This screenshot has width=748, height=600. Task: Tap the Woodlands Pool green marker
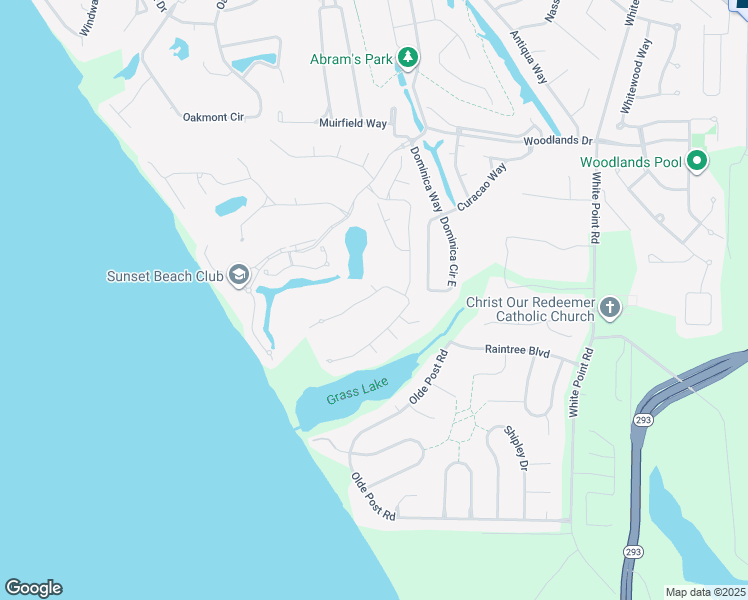[696, 161]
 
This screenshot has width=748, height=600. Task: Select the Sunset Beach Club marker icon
[238, 275]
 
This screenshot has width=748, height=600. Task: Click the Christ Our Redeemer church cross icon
[609, 309]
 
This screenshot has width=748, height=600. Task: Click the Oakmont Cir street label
[213, 117]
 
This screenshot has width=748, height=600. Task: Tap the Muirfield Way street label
[352, 124]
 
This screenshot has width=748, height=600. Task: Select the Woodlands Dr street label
[558, 142]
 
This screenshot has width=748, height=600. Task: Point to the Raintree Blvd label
[518, 351]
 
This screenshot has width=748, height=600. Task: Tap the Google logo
[33, 588]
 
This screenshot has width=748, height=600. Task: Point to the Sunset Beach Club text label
[166, 275]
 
